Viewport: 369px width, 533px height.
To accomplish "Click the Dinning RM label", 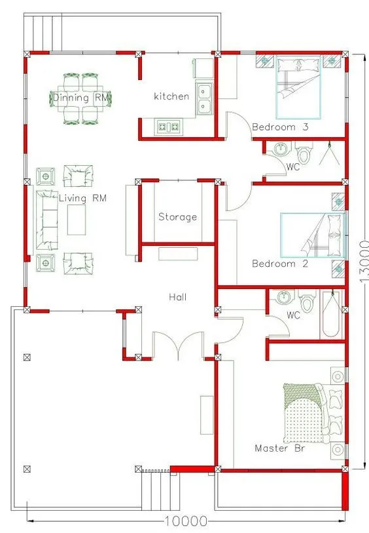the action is [x=81, y=98].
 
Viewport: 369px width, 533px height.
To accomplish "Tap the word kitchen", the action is [x=171, y=96].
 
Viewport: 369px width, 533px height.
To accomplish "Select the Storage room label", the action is [x=178, y=217].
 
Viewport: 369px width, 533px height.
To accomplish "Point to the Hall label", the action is [x=178, y=297].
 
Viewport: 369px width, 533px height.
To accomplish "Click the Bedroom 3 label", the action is [x=280, y=127].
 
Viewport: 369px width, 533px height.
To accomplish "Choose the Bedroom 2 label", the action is [x=280, y=264].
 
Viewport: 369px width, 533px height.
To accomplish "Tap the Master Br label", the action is [x=280, y=448].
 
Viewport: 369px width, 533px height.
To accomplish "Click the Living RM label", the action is [x=82, y=198].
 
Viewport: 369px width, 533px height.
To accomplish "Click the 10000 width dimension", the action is [x=186, y=521].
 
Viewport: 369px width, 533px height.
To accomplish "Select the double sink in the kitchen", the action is [x=204, y=99].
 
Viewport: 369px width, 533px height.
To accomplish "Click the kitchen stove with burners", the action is [x=169, y=127].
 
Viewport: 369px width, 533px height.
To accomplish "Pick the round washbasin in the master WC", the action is [x=283, y=298].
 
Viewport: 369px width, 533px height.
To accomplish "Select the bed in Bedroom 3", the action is [x=298, y=87].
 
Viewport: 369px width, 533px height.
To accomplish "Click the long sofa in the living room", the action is [x=47, y=220].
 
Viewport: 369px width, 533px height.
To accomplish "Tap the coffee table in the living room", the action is [x=77, y=220].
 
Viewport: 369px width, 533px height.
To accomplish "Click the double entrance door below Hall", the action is [x=178, y=345].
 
